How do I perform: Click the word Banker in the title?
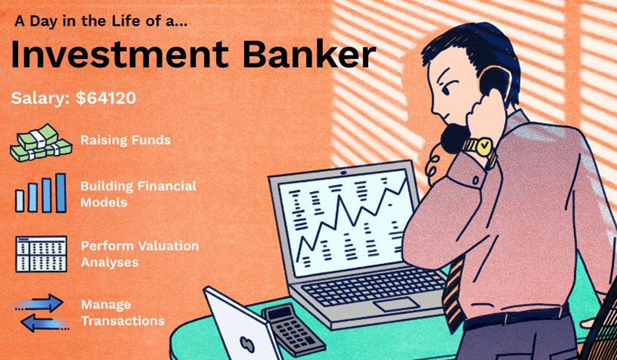(309, 55)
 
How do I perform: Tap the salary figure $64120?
(106, 98)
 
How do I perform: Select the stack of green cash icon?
(41, 142)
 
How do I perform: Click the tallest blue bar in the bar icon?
(61, 193)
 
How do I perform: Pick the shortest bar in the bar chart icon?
(20, 201)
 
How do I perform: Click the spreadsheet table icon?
(41, 254)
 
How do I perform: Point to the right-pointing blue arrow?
(39, 303)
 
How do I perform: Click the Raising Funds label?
(125, 140)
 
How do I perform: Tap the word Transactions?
(123, 321)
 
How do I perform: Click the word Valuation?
(169, 246)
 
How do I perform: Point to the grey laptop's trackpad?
(396, 304)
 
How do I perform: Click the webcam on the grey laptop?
(343, 173)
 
